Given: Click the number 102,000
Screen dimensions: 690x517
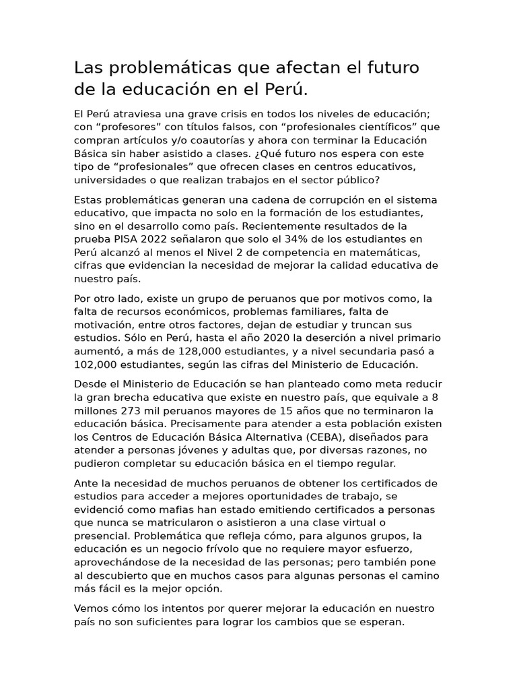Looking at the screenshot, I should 96,365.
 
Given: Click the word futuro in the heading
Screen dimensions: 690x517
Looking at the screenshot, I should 390,67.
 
